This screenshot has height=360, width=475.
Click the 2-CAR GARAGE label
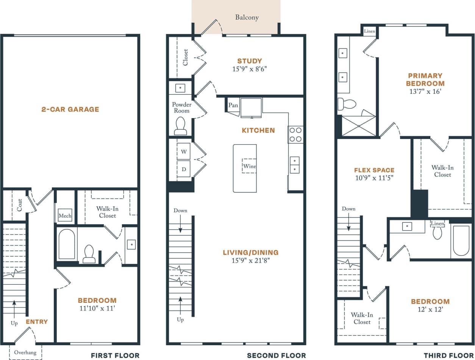(70, 109)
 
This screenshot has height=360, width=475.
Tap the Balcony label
(247, 17)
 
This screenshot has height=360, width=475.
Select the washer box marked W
(184, 152)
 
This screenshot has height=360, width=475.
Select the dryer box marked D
(184, 169)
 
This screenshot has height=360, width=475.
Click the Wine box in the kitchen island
(249, 166)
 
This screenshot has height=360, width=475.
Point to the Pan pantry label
(233, 105)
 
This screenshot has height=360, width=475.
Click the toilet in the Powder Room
(180, 126)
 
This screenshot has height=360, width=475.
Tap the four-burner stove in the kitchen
(295, 134)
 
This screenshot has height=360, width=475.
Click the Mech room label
(65, 216)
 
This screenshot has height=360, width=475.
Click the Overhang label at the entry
(25, 352)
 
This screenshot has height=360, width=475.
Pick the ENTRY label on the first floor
(37, 322)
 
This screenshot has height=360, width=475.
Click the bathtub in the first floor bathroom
(67, 244)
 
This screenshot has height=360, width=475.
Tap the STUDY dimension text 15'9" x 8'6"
(249, 69)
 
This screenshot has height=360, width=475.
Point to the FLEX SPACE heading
(374, 170)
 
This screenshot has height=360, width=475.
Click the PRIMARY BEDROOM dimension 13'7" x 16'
(425, 92)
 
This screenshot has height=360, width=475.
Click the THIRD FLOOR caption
(448, 355)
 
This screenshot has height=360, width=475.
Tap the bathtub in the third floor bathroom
(461, 241)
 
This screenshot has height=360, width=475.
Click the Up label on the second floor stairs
(180, 320)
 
